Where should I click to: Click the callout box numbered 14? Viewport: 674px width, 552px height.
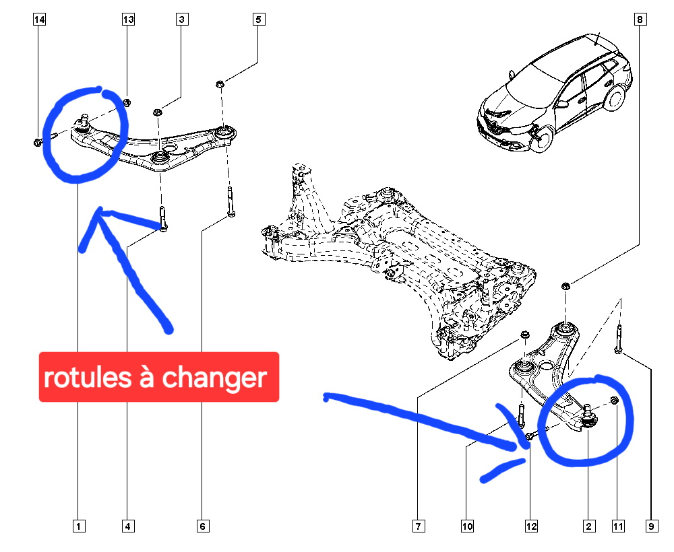click(39, 20)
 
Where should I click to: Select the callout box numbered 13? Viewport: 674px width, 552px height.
click(128, 20)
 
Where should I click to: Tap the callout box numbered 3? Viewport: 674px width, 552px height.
click(182, 20)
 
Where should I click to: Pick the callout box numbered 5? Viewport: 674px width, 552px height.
click(258, 20)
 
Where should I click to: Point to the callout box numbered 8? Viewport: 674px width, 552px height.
click(640, 20)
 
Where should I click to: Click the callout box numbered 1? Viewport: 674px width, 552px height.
click(79, 526)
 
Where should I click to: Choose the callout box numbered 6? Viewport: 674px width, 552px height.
click(203, 526)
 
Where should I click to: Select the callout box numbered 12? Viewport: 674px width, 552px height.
click(531, 526)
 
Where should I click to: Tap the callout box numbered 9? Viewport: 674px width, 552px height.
click(652, 526)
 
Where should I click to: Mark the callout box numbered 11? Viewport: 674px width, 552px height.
click(618, 526)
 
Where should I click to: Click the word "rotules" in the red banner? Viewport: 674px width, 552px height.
click(87, 377)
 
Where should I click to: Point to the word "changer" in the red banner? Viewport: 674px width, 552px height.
click(214, 378)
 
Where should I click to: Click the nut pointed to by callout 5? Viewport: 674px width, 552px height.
click(220, 83)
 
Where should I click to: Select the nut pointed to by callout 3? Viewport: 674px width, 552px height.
click(157, 112)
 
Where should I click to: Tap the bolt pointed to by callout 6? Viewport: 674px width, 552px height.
click(231, 202)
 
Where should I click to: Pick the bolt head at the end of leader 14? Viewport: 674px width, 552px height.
click(38, 142)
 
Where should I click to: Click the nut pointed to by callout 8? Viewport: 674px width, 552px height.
click(565, 285)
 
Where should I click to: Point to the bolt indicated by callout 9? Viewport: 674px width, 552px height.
click(619, 339)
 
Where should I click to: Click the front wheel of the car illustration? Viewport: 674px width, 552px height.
click(543, 139)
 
